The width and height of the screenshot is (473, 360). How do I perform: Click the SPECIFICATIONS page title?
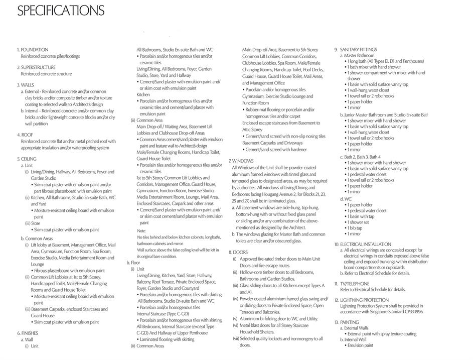[x=61, y=11]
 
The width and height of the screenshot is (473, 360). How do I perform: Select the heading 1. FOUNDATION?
[x=33, y=50]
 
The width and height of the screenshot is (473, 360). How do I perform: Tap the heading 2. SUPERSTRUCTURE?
[x=36, y=67]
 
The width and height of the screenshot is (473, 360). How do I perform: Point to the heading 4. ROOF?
[x=25, y=135]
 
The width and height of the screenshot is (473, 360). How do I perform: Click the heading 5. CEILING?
[x=27, y=159]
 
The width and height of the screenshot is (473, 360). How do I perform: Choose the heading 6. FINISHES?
[x=28, y=333]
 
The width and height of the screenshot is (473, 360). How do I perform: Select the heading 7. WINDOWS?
[x=241, y=161]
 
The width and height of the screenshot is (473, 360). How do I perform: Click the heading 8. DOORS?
[x=238, y=252]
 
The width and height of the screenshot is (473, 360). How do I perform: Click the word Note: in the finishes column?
[x=141, y=230]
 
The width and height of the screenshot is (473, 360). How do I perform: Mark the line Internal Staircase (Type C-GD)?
[x=163, y=314]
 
